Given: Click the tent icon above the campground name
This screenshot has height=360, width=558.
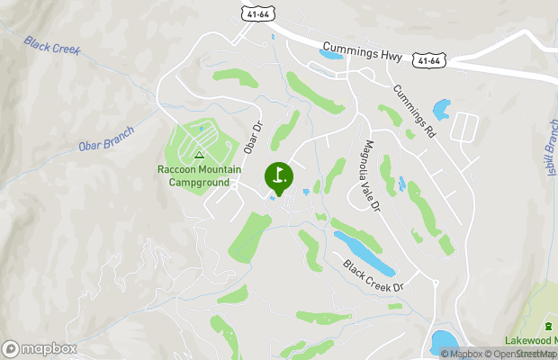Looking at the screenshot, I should tap(199, 155).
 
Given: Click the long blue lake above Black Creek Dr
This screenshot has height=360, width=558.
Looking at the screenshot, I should tap(364, 253).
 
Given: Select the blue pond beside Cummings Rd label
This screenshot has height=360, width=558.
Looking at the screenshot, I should tap(442, 111).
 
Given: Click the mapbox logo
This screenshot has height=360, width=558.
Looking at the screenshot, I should tap(40, 348).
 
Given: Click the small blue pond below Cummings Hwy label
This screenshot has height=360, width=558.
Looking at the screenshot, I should tap(329, 56).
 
